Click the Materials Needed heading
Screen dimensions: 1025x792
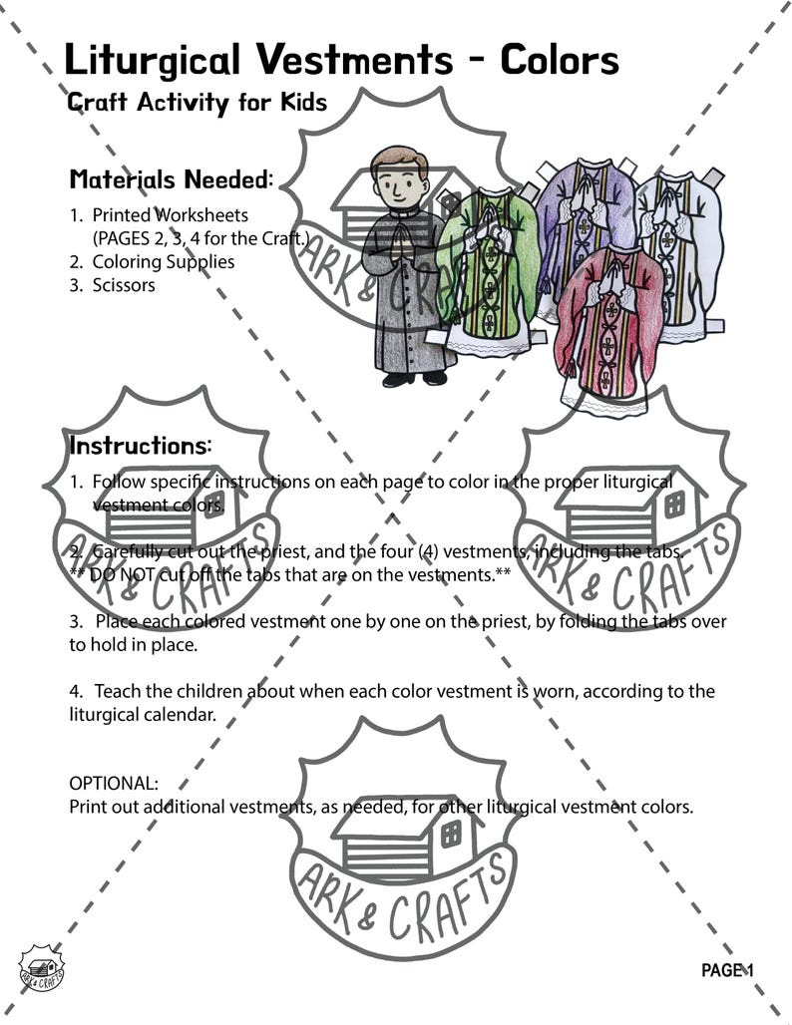[171, 180]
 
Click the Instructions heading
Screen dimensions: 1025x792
[140, 446]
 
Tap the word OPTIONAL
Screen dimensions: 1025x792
[113, 784]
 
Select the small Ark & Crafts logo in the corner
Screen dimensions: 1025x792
[41, 968]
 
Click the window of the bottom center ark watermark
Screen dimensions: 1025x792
[451, 833]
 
